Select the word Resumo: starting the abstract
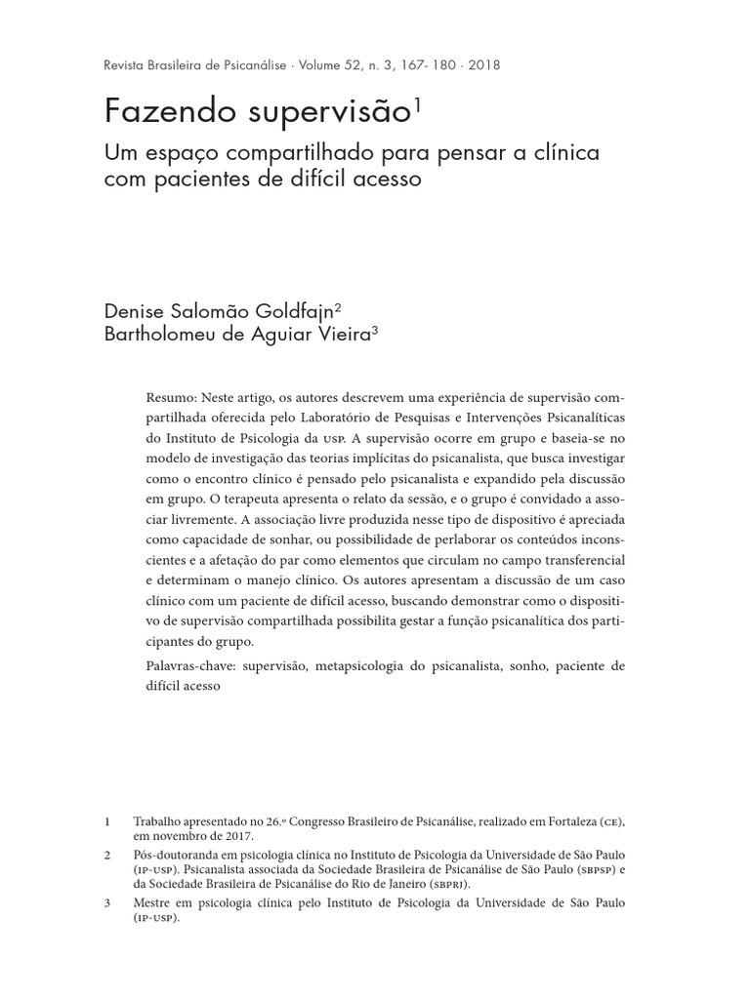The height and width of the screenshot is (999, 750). (172, 399)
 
